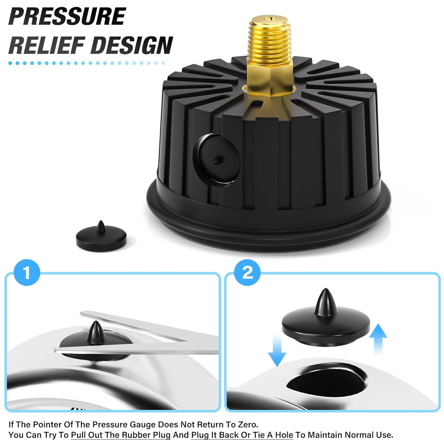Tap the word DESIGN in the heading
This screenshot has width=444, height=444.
pyautogui.click(x=132, y=45)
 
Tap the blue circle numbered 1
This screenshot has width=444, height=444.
pyautogui.click(x=27, y=273)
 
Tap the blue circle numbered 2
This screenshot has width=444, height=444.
pyautogui.click(x=247, y=273)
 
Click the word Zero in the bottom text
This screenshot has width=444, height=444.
pyautogui.click(x=247, y=425)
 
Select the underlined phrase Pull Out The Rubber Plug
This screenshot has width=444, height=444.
pyautogui.click(x=120, y=435)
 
